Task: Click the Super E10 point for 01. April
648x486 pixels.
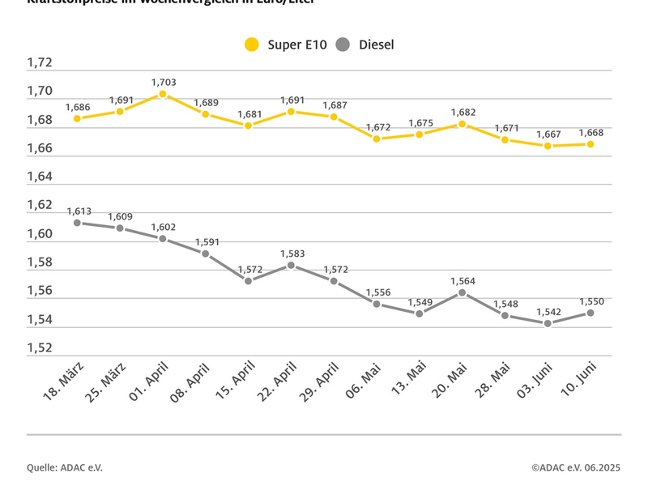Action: (163, 94)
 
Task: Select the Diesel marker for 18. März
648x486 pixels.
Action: (77, 223)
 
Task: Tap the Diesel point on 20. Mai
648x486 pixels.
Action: (462, 292)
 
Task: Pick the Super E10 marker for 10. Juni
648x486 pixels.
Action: (590, 144)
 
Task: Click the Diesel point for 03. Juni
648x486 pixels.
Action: (548, 323)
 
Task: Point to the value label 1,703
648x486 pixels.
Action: (163, 82)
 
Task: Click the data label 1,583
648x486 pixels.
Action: (292, 254)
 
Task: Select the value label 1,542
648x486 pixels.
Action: (548, 312)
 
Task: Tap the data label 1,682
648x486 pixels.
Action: (463, 113)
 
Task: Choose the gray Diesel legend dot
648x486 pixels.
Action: (343, 45)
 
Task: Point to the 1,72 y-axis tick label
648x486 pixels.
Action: (40, 63)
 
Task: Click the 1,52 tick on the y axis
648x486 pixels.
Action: (40, 348)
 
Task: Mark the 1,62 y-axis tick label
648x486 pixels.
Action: (40, 206)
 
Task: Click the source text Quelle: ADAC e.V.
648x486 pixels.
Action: (65, 467)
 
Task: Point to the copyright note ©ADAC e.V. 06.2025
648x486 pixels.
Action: (576, 467)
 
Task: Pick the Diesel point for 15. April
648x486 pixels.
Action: (249, 280)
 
